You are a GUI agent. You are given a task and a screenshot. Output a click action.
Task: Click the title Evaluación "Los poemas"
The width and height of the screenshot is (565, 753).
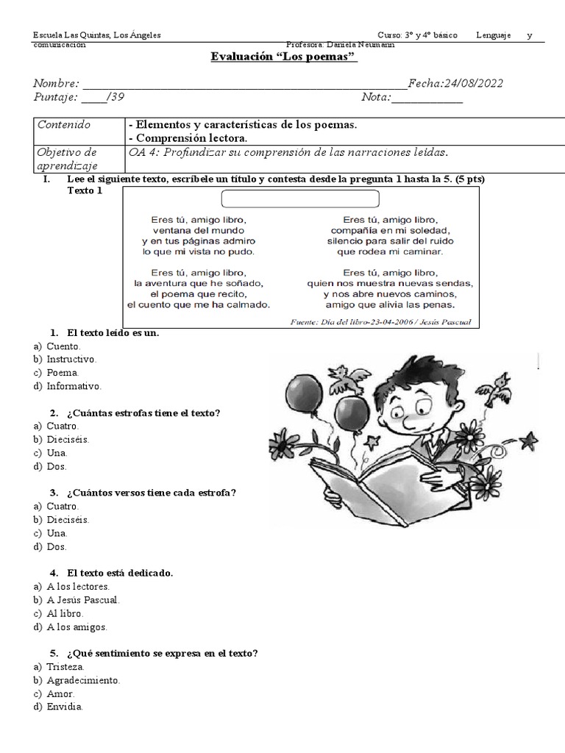(x=284, y=57)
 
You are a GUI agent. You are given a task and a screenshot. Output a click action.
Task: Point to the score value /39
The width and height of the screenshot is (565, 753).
(x=110, y=98)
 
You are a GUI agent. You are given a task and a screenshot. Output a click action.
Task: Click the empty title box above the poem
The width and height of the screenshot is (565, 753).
(x=299, y=199)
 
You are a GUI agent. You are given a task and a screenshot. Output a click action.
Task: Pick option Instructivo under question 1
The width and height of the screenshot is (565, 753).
(x=71, y=360)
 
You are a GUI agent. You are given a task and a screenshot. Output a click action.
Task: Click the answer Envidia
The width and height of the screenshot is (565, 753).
(x=65, y=707)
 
